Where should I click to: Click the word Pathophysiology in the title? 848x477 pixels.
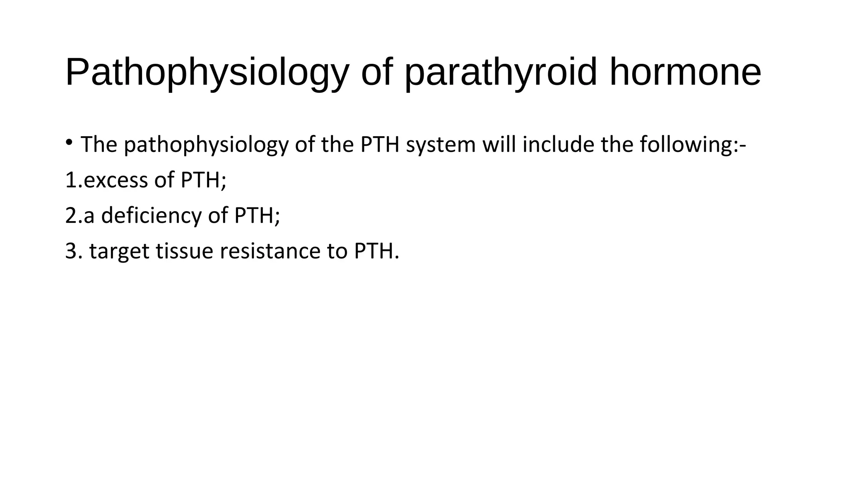point(207,72)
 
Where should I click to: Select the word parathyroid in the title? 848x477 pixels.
point(501,72)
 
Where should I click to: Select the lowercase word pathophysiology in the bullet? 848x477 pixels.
point(206,145)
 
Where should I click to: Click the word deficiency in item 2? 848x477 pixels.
point(151,215)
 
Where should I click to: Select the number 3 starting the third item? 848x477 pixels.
point(71,251)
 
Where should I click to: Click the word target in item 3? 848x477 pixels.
point(119,251)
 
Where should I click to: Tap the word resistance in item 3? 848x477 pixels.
point(270,251)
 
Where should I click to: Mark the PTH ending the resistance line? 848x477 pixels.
point(374,251)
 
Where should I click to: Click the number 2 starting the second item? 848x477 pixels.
point(71,215)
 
